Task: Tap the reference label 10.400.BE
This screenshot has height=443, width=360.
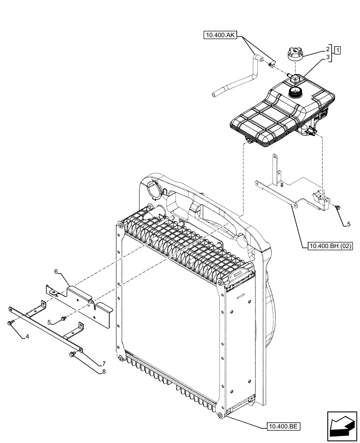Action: pyautogui.click(x=284, y=427)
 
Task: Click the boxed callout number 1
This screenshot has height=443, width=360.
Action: pyautogui.click(x=338, y=49)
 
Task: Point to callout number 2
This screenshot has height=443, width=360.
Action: pyautogui.click(x=328, y=49)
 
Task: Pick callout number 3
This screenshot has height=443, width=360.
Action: pyautogui.click(x=328, y=57)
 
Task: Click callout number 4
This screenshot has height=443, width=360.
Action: pyautogui.click(x=27, y=337)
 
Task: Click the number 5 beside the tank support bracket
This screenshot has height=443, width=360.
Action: pyautogui.click(x=348, y=224)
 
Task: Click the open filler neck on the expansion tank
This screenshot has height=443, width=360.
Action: pyautogui.click(x=294, y=92)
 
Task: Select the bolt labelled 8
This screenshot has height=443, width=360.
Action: pyautogui.click(x=73, y=354)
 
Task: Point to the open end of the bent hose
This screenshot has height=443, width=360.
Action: pyautogui.click(x=215, y=94)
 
